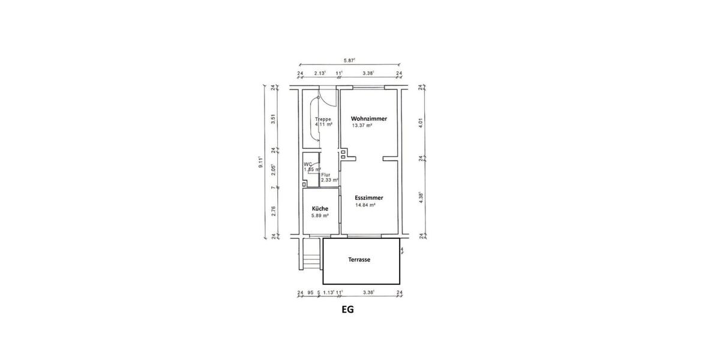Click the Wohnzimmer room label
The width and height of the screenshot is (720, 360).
pos(368,119)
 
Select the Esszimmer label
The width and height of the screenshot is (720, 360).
pos(369,197)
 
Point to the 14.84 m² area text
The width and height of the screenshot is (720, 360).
pos(365,205)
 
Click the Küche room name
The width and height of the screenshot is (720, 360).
pos(319,208)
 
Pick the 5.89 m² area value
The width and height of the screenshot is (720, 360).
pos(319,215)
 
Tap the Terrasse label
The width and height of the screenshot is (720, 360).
pos(359,260)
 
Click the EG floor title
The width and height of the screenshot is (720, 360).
pos(347,310)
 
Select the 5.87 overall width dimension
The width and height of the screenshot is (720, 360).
pos(349,60)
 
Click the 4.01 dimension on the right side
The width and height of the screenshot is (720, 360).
pos(421,122)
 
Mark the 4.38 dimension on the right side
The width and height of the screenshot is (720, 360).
pos(421,198)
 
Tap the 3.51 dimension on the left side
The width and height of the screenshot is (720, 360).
pos(273,118)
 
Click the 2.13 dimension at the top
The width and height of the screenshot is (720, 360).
pos(320,73)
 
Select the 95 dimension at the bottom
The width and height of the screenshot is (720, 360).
pos(310,293)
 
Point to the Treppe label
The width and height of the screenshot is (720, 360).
pos(323,119)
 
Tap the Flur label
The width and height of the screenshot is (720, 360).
pos(325,175)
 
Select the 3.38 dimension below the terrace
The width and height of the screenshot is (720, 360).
pos(368,293)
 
